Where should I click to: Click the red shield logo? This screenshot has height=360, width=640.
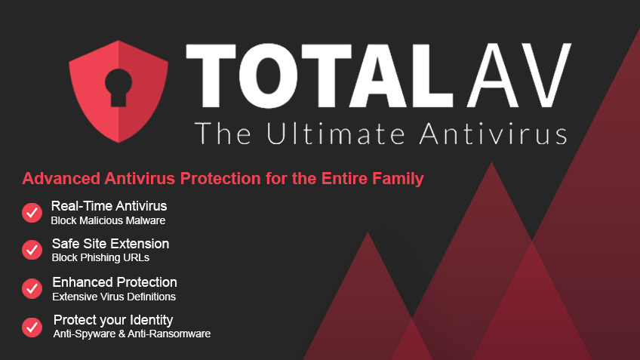118,91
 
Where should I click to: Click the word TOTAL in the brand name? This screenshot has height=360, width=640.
319,75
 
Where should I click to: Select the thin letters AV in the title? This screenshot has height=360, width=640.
519,75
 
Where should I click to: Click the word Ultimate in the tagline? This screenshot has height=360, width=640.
336,133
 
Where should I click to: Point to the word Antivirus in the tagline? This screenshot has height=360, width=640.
494,133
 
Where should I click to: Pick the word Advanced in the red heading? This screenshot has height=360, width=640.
61,178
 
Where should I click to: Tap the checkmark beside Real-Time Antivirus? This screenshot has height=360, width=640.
32,213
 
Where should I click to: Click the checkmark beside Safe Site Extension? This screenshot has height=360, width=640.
32,250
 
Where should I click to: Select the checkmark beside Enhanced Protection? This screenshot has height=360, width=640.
32,288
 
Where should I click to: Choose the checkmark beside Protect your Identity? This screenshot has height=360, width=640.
32,328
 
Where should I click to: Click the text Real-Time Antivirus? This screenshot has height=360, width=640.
109,206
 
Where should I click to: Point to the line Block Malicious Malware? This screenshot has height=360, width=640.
108,221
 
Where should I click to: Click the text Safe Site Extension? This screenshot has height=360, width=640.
110,244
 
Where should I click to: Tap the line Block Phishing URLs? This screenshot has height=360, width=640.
100,258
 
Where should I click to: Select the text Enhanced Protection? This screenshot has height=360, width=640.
115,282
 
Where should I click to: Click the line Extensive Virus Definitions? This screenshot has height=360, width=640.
114,297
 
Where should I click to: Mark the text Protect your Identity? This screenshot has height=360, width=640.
113,321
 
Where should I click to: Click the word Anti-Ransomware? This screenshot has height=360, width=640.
169,334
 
